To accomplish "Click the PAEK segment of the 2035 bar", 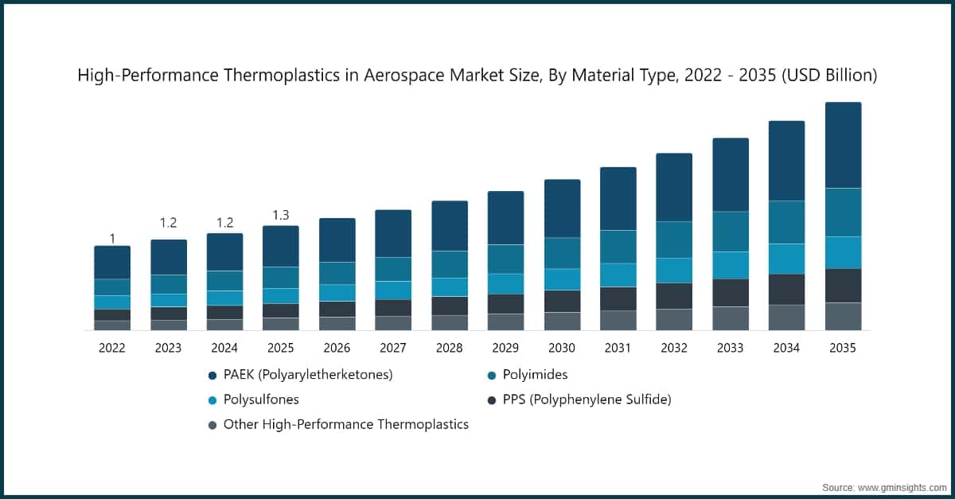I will tap(843, 145).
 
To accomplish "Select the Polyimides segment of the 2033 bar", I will tap(730, 232).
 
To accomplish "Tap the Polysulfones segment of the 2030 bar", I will tap(562, 279).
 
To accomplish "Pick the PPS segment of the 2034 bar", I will tap(786, 290).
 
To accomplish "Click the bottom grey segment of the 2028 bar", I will tap(450, 322).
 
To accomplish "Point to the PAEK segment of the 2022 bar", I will tap(112, 263).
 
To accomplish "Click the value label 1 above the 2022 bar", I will tap(112, 239).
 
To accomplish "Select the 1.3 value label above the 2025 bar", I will tap(281, 215).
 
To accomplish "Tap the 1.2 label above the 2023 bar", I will tap(169, 223).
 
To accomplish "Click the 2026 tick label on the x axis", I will tap(337, 348).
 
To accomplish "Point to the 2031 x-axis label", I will tap(618, 348).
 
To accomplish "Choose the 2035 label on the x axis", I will tap(843, 348).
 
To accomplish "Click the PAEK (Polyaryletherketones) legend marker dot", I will tap(212, 375).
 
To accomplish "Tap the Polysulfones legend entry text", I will tap(261, 400).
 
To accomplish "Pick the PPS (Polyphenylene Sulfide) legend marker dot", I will tap(492, 400).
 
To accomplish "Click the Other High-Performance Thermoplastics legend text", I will tap(345, 424).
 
